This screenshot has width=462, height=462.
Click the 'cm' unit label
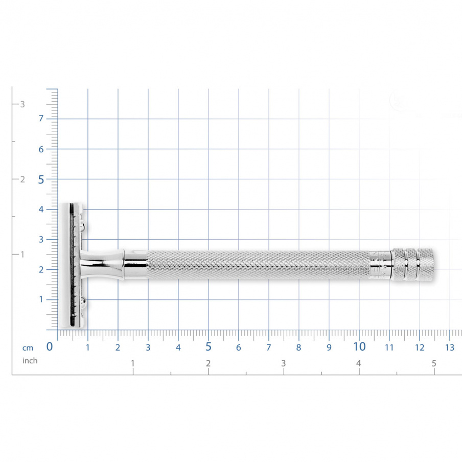tap(28, 348)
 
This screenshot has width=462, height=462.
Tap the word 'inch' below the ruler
tap(30, 361)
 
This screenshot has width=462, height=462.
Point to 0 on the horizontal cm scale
tap(50, 347)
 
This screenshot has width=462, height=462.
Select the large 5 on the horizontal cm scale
tap(209, 346)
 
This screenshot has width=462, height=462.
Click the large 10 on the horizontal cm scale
tap(359, 346)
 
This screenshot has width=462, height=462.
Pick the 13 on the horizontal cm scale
tap(450, 348)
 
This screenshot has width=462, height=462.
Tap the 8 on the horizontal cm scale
tap(298, 348)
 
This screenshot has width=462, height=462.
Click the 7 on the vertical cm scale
tap(41, 119)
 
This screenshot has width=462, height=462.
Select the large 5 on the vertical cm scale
tap(41, 179)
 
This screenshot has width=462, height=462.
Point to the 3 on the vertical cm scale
tap(41, 239)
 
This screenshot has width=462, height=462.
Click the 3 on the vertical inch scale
tap(22, 104)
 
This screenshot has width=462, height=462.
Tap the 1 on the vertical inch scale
tap(22, 255)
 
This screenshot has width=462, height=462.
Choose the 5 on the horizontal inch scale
tap(434, 364)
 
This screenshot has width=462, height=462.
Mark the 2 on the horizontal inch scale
tap(209, 364)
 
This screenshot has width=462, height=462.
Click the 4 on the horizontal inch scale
tap(359, 364)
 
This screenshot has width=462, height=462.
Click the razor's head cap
tap(66, 265)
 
